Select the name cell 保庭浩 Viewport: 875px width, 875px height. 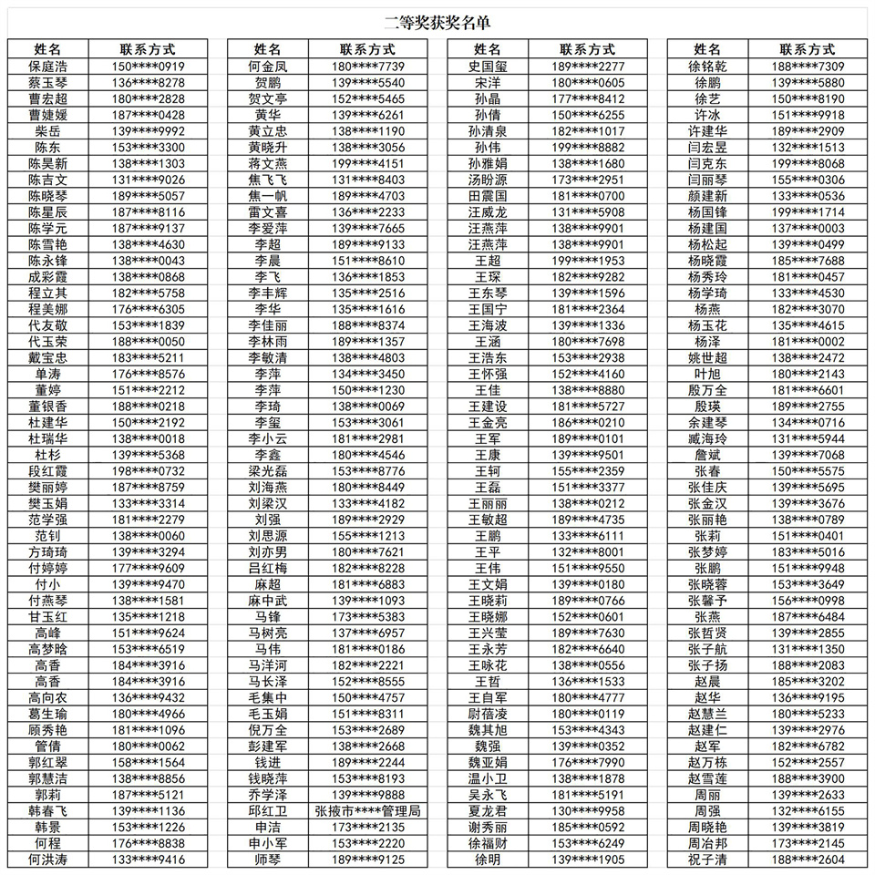(x=47, y=67)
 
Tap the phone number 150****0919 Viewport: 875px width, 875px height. (x=148, y=67)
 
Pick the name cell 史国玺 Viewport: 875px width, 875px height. (x=488, y=67)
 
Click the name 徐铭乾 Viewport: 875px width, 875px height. (x=707, y=67)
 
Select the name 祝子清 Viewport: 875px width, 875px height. (x=707, y=860)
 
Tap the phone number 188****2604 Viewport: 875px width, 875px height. (x=808, y=860)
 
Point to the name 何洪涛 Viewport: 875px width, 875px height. (x=47, y=860)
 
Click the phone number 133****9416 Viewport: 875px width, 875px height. (x=148, y=860)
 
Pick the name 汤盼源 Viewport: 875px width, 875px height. (x=488, y=180)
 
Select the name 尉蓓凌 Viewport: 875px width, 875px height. (x=488, y=714)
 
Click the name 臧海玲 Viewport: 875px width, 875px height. (x=707, y=438)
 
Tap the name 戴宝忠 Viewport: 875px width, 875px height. (x=47, y=357)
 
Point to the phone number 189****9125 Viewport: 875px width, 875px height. (x=367, y=860)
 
